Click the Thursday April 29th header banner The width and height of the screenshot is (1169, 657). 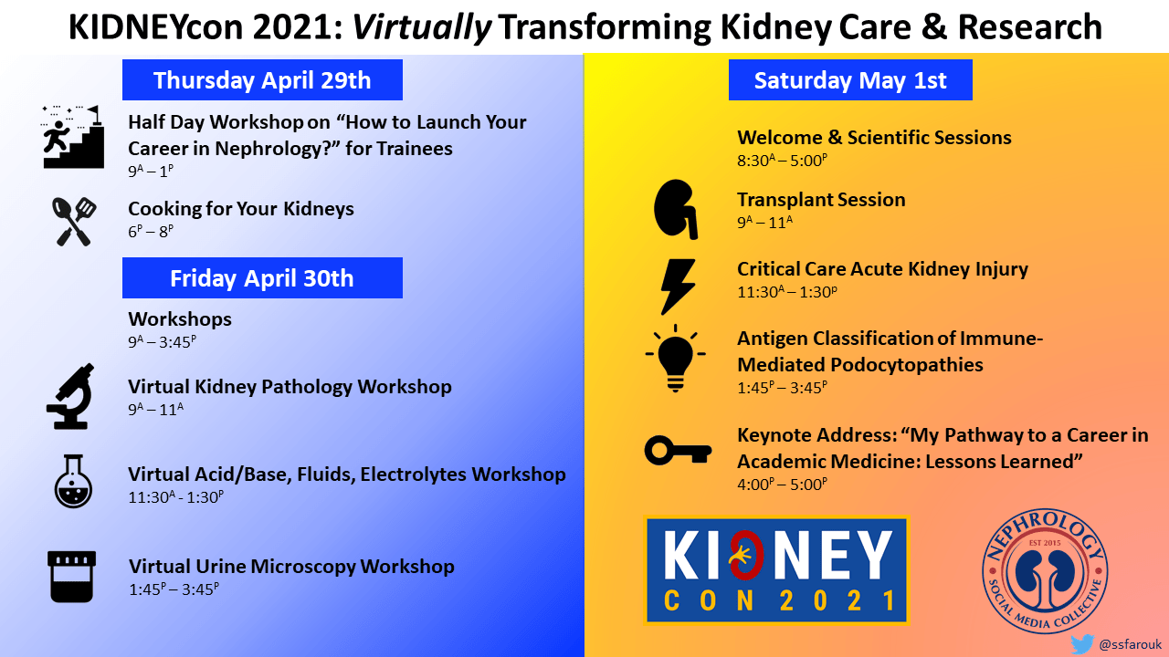(x=262, y=79)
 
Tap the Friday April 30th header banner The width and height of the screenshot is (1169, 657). (x=262, y=278)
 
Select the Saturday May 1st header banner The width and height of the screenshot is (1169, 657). (x=850, y=79)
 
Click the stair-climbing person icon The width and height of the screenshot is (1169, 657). (x=72, y=137)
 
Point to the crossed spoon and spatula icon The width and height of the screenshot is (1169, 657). (x=74, y=222)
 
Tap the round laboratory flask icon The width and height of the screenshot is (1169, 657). (x=73, y=481)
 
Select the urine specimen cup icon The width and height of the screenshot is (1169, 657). (x=71, y=577)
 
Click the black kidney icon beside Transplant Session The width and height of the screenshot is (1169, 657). (x=675, y=209)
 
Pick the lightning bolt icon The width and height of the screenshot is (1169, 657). (x=678, y=287)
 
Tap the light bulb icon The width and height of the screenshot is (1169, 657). (x=675, y=359)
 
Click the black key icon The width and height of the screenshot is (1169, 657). (x=678, y=450)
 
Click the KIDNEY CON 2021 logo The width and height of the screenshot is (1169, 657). (x=777, y=570)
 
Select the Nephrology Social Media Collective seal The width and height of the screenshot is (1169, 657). (x=1045, y=571)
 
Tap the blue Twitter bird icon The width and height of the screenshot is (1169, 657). (x=1082, y=644)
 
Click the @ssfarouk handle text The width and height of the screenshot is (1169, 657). (x=1131, y=645)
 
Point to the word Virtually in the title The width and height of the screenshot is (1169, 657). (x=422, y=27)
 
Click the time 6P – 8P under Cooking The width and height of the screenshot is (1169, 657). (x=151, y=231)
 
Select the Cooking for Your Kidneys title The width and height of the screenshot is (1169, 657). (x=241, y=209)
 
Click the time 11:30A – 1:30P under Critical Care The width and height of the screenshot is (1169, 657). (x=787, y=291)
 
